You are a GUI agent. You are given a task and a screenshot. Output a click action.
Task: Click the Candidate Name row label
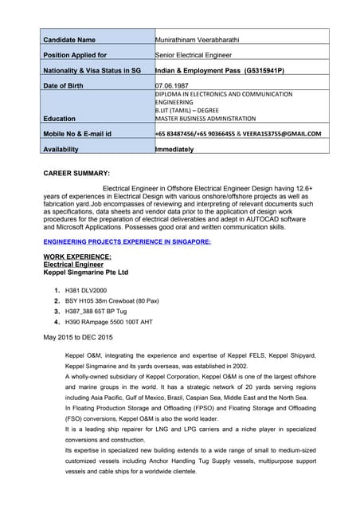click(69, 39)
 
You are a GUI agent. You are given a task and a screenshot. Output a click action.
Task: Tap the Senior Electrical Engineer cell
click(194, 55)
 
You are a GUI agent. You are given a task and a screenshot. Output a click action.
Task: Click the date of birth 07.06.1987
click(174, 85)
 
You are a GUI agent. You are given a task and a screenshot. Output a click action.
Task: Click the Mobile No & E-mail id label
click(77, 134)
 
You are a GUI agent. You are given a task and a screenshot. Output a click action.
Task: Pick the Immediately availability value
click(174, 149)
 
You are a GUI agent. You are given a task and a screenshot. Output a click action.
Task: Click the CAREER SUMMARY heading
click(76, 173)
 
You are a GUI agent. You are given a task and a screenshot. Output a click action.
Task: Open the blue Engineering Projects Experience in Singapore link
click(127, 240)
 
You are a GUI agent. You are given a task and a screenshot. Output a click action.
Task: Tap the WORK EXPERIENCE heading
click(77, 257)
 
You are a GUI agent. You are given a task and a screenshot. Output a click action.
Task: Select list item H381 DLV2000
click(86, 290)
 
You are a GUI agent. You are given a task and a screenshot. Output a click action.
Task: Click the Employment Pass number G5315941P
click(255, 70)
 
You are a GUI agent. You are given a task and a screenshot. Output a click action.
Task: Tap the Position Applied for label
click(75, 55)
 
